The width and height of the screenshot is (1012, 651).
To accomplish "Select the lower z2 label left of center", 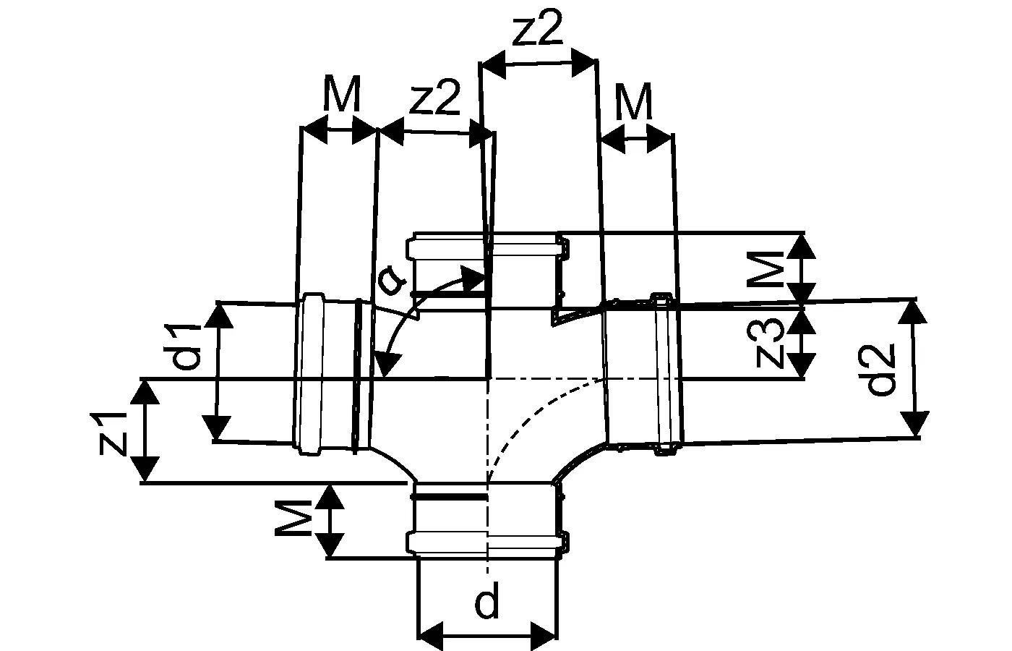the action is pyautogui.click(x=434, y=98).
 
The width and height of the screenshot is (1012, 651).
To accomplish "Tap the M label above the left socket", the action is pyautogui.click(x=343, y=93).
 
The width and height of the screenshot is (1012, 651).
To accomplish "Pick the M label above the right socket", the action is pyautogui.click(x=635, y=102).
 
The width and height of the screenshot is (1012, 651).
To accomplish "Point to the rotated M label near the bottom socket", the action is pyautogui.click(x=293, y=518).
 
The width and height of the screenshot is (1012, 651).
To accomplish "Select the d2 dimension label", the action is pyautogui.click(x=881, y=370).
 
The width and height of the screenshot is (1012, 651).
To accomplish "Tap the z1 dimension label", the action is pyautogui.click(x=113, y=433).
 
